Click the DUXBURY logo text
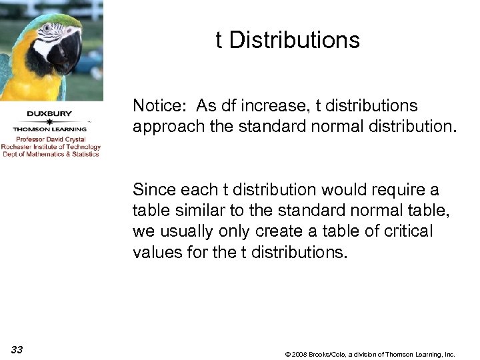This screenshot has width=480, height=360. [x=49, y=113]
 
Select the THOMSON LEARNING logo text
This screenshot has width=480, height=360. [x=49, y=129]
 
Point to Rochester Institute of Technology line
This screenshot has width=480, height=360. [x=51, y=147]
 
